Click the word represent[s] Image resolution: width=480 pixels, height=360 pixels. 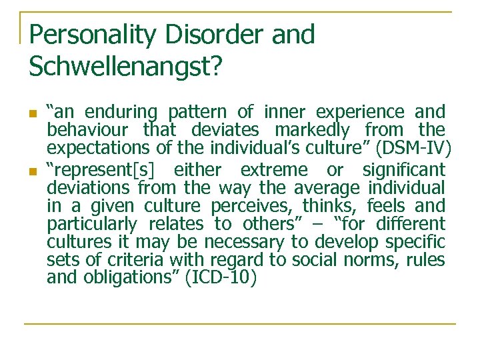click(102, 170)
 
